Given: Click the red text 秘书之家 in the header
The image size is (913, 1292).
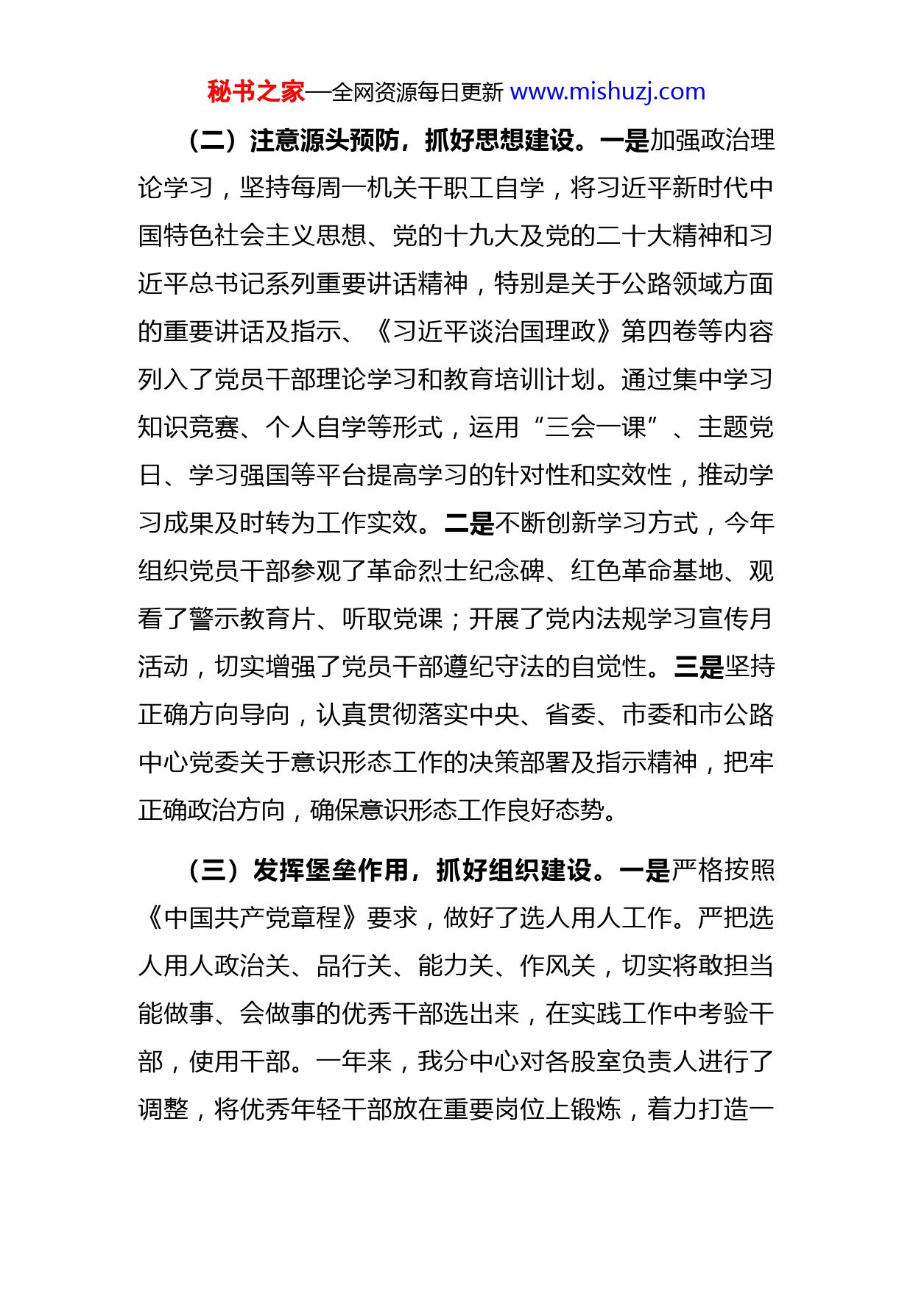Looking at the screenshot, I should tap(255, 92).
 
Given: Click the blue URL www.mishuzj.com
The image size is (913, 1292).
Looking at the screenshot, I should tap(607, 92).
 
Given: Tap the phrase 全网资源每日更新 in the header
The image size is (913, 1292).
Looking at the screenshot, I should tap(417, 93).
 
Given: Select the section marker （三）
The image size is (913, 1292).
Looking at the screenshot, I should tap(214, 870).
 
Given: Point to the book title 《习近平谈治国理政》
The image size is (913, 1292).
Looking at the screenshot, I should tap(493, 331).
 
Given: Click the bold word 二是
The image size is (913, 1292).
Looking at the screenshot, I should tap(469, 523).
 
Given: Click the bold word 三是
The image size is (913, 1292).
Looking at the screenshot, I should tap(698, 667).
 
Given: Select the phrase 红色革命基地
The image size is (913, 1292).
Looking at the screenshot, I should tap(647, 571).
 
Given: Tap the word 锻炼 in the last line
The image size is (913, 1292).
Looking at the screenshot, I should tap(596, 1109).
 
